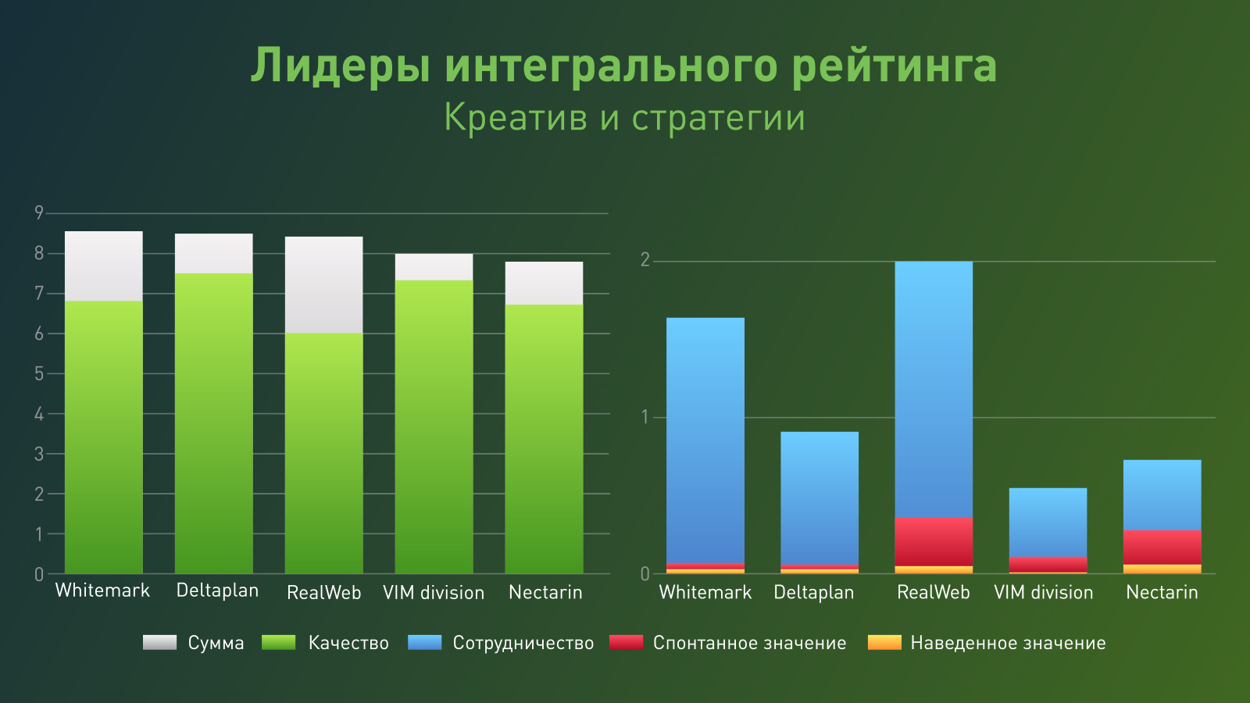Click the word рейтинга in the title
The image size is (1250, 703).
click(x=894, y=66)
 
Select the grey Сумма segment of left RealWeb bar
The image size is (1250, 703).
click(x=323, y=284)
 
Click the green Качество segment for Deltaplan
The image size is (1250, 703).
click(x=213, y=422)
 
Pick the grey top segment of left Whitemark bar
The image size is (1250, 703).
click(x=104, y=266)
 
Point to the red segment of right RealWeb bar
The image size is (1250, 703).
click(x=934, y=541)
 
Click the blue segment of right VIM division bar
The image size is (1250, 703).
click(x=1048, y=522)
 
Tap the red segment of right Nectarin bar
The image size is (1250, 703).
click(x=1162, y=547)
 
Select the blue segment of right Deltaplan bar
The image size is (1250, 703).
click(x=820, y=498)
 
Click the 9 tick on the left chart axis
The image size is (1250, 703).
click(x=39, y=212)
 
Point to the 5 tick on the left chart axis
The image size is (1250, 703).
click(x=39, y=373)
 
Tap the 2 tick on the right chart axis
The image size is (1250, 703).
click(x=645, y=260)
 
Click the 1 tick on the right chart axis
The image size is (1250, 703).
click(x=645, y=417)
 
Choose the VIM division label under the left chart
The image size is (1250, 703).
click(x=434, y=593)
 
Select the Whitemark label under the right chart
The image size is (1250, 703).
click(x=705, y=593)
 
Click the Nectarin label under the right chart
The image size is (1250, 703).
click(x=1162, y=593)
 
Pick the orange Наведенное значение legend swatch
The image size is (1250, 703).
click(x=884, y=643)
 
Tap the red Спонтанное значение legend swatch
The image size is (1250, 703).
click(x=627, y=643)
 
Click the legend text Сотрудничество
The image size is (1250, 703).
click(x=523, y=644)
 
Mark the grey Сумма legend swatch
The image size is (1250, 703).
click(x=160, y=643)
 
